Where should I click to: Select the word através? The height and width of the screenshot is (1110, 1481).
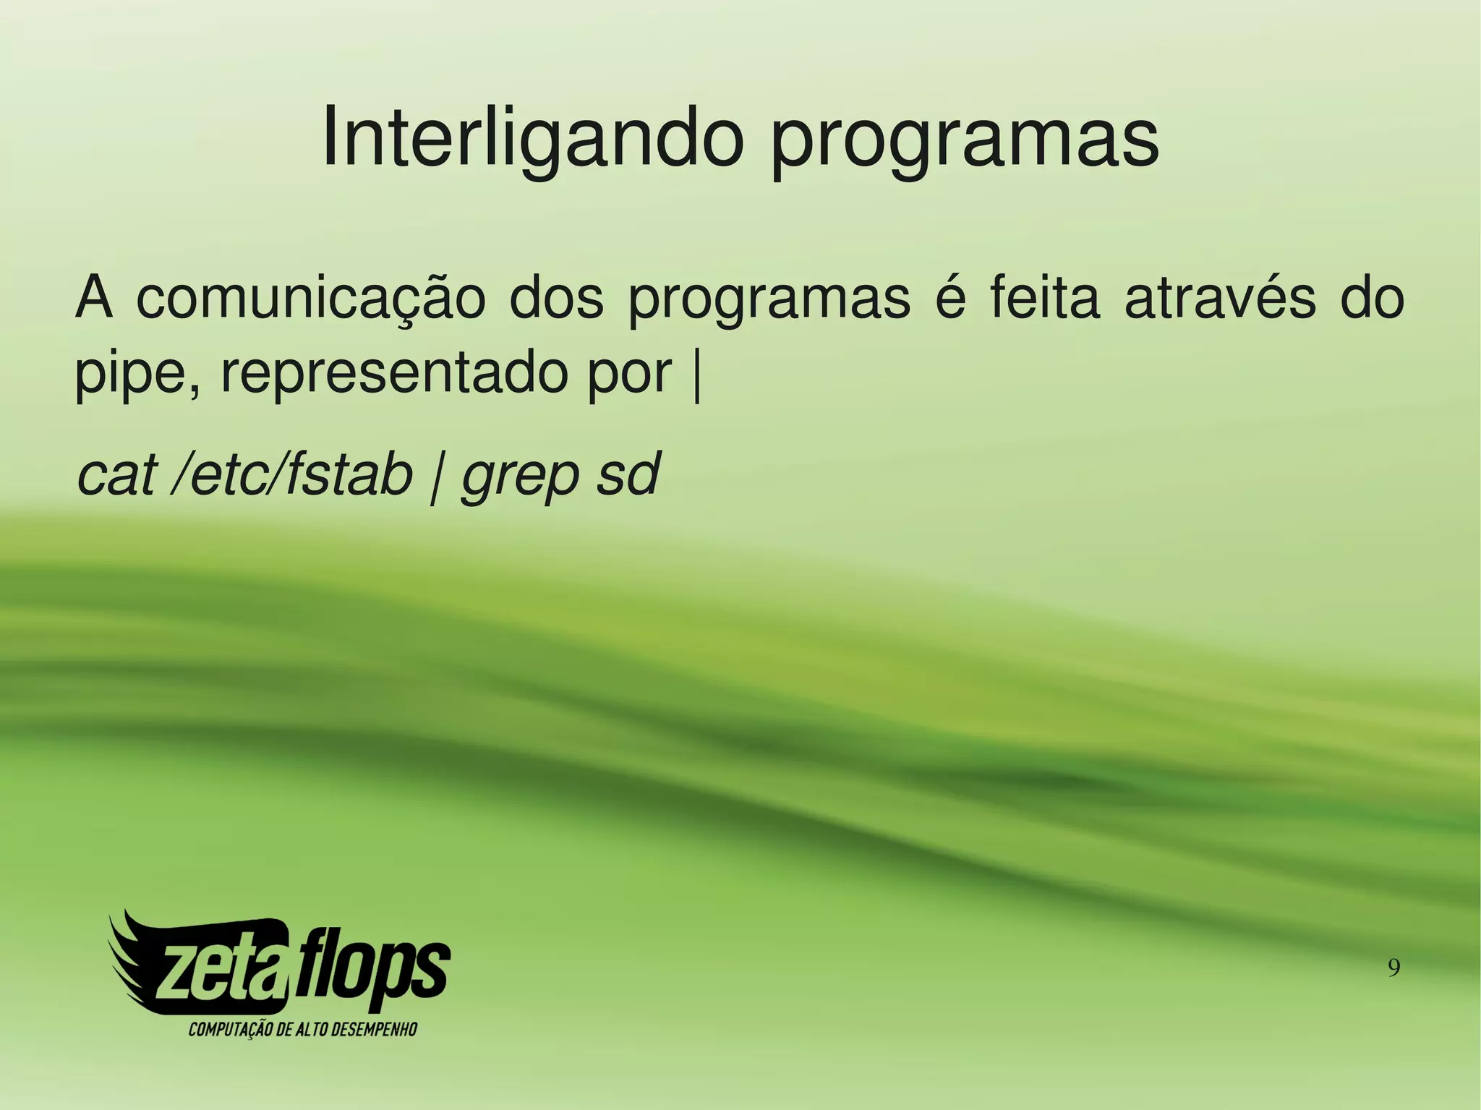1221,298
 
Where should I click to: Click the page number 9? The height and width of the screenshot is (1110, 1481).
1394,967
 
